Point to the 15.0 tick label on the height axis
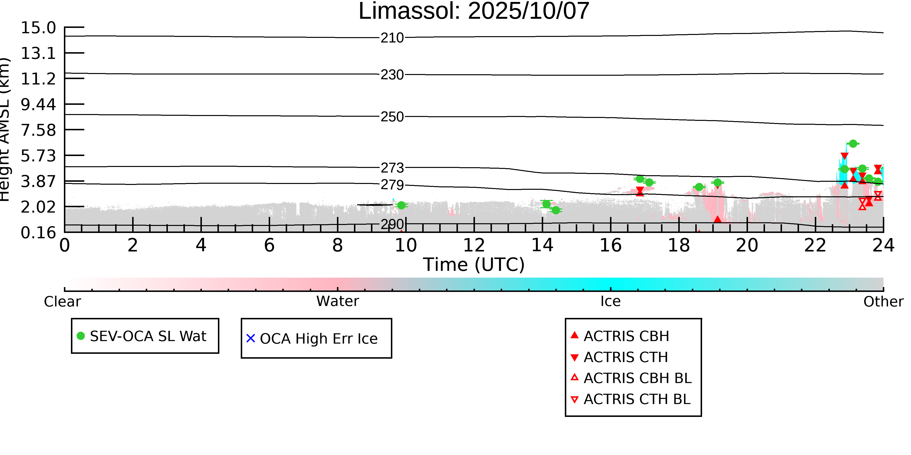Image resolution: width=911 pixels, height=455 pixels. pos(38,28)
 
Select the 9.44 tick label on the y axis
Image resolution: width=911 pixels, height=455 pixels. pos(38,105)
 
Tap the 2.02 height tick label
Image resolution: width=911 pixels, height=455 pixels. pos(38,207)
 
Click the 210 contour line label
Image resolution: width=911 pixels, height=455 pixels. pos(392,38)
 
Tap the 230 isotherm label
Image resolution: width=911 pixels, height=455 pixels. pos(392,75)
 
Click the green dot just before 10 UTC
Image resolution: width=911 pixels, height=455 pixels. pos(401,205)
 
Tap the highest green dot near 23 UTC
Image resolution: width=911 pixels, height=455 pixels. pos(853,144)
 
